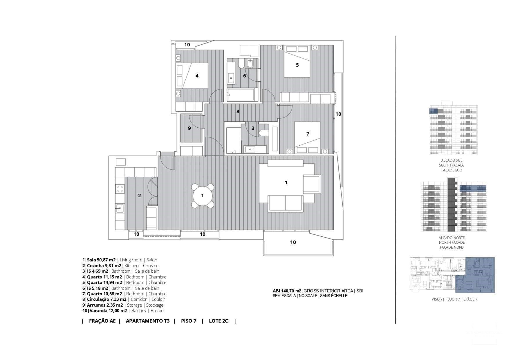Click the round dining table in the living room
(203, 196)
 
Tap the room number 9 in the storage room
(189, 128)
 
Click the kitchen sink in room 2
(120, 208)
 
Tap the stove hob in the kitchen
(120, 189)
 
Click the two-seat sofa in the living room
(286, 203)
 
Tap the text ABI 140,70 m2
(287, 291)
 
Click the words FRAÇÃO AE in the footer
(102, 321)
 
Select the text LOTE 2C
(218, 321)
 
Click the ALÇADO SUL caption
(452, 160)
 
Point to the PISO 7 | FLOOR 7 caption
(454, 299)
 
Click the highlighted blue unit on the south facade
(433, 111)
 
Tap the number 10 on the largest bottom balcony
(293, 242)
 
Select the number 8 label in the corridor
(238, 111)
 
